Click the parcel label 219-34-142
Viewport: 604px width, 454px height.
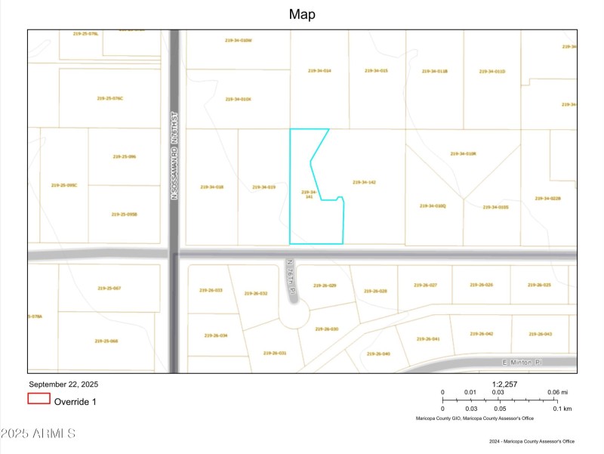click(x=364, y=182)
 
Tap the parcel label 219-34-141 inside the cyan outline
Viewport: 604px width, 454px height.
click(x=307, y=194)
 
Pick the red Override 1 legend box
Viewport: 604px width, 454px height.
click(x=39, y=399)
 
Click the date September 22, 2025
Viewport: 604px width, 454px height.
click(x=63, y=384)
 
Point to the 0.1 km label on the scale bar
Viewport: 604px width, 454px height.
click(x=562, y=409)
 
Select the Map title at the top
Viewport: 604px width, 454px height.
click(x=302, y=14)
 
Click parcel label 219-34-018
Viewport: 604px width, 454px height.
click(x=211, y=187)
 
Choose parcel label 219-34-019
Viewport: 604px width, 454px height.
click(x=263, y=187)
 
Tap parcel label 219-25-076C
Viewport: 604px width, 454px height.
click(x=110, y=98)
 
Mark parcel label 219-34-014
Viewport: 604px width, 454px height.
click(x=319, y=70)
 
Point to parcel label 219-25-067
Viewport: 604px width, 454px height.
click(x=109, y=288)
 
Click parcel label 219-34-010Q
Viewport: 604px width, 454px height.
click(x=433, y=205)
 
